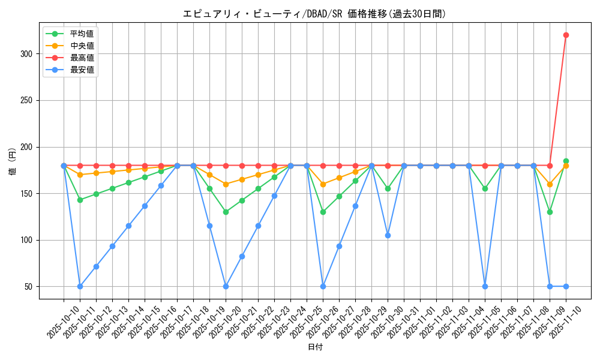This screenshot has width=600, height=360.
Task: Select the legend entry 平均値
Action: point(82,34)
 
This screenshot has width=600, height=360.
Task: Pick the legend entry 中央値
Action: point(82,46)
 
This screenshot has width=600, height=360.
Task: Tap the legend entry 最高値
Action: point(82,58)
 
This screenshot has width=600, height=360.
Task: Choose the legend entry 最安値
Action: point(82,70)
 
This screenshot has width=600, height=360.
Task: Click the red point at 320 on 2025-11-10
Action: point(566,35)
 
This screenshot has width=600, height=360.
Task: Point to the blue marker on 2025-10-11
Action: point(80,286)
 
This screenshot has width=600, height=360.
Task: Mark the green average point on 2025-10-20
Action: point(226,212)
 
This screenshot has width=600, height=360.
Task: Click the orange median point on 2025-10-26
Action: point(323,184)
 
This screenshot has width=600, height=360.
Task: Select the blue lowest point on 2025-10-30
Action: point(388,235)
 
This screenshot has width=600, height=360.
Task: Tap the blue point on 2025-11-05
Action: point(485,286)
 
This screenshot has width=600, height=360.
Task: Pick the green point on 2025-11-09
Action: point(550,212)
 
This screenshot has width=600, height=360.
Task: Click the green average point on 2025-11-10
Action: point(566,161)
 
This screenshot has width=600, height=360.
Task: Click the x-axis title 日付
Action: point(315,347)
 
